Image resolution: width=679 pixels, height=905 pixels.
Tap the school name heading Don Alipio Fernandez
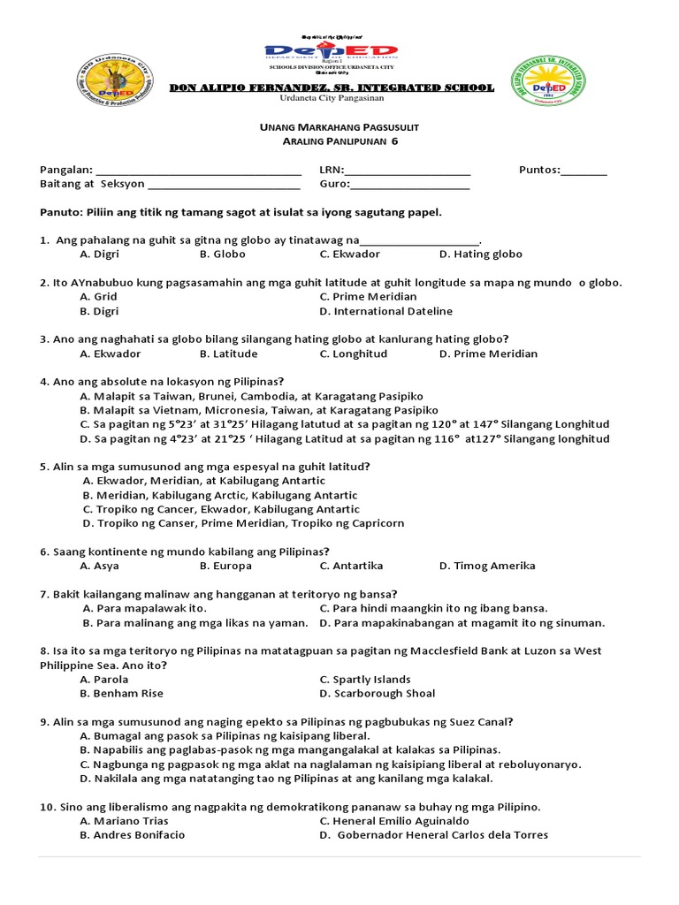332,87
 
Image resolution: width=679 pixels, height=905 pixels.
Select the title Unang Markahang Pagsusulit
332,128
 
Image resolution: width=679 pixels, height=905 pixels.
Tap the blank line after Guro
410,186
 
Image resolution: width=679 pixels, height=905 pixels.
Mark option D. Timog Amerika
487,566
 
